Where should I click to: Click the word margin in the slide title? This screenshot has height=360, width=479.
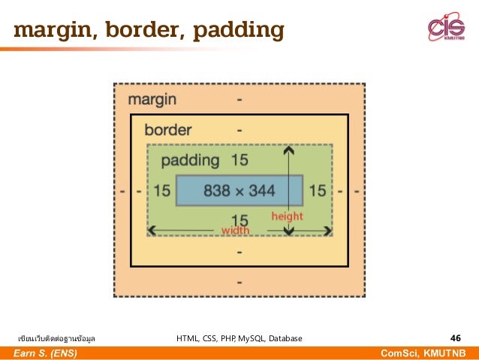[52, 31]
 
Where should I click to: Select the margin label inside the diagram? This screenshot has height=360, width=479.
[152, 99]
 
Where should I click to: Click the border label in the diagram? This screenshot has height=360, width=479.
[168, 129]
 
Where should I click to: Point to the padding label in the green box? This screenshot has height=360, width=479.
[190, 159]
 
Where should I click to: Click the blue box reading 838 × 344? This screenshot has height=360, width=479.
[239, 191]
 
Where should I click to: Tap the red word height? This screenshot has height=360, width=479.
[287, 216]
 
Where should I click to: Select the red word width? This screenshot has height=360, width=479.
[236, 230]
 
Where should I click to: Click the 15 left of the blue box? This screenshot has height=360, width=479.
[162, 191]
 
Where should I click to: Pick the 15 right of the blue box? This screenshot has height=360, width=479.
[318, 191]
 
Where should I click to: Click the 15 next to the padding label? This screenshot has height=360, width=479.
[239, 159]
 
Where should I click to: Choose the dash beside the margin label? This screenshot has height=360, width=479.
[239, 99]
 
